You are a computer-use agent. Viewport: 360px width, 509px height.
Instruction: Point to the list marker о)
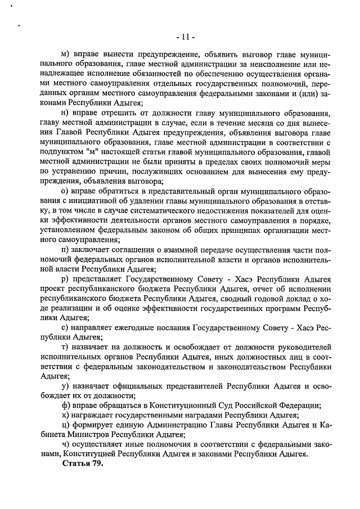pyautogui.click(x=66, y=191)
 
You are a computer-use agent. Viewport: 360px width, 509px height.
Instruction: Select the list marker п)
pyautogui.click(x=66, y=250)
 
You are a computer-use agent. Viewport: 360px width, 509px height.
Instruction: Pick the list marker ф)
pyautogui.click(x=66, y=405)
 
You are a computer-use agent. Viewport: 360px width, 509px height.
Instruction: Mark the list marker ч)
pyautogui.click(x=66, y=444)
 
